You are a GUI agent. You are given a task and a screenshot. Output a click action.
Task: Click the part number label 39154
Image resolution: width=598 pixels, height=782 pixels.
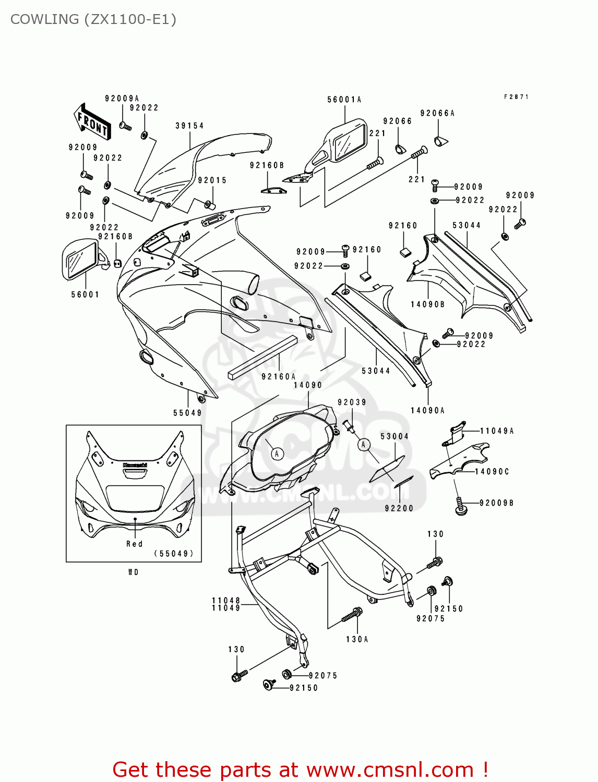[x=189, y=126]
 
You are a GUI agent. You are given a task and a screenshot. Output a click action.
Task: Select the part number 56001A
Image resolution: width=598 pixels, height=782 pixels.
[x=344, y=100]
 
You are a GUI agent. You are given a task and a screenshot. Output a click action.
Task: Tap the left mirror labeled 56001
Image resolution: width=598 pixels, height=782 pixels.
[x=81, y=259]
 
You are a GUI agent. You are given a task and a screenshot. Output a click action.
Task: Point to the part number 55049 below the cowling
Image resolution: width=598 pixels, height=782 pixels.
[x=187, y=413]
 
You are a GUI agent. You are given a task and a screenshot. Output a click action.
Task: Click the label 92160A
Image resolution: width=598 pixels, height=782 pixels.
[x=279, y=377]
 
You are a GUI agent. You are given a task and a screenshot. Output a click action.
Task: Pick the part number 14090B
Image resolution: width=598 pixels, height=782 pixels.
[x=427, y=304]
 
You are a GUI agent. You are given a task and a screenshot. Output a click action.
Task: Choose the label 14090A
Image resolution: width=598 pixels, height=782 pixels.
[x=427, y=411]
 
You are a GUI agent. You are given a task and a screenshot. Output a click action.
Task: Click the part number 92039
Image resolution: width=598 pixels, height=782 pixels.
[x=352, y=402]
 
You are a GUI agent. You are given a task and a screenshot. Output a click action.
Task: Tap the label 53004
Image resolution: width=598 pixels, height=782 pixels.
[x=394, y=436]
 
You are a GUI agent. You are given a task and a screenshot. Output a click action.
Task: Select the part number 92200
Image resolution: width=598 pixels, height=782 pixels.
[x=399, y=508]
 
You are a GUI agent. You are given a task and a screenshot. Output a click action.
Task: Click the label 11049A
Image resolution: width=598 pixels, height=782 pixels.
[x=497, y=431]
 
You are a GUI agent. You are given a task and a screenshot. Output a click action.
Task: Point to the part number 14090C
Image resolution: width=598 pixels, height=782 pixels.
[x=492, y=472]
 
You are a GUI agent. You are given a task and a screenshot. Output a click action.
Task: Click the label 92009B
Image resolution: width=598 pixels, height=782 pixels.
[x=496, y=503]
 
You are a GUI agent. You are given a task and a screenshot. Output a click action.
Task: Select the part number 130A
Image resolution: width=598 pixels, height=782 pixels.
[x=357, y=639]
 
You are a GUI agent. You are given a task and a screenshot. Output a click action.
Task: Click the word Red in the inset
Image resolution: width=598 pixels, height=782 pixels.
[x=134, y=544]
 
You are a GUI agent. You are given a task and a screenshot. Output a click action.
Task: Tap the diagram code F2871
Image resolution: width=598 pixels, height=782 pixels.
[x=516, y=97]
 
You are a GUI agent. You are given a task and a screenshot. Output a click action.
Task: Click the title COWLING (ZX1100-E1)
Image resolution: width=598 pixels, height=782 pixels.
[x=93, y=19]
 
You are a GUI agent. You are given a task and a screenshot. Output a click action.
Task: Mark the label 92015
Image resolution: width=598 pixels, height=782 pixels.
[x=212, y=180]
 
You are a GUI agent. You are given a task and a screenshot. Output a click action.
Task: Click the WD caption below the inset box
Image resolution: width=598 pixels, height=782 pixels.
[x=134, y=572]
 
